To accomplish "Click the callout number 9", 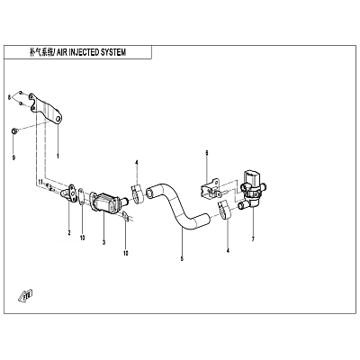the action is coord(13,157).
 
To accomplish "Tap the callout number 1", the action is coord(58,156).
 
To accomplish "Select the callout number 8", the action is coord(9,97).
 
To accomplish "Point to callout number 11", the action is coord(39,182).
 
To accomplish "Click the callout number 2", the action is coord(69,232).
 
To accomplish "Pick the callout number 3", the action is coord(103,242).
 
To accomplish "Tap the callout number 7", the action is coord(253,239).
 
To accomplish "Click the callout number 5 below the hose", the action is coord(182,258).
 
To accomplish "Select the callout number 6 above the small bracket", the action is coord(207,153).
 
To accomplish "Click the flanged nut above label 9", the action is coord(14,130).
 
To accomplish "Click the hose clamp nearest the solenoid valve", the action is coord(223,210).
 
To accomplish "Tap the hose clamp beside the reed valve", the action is coord(137,194).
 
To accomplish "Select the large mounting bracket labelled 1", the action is coord(46,109).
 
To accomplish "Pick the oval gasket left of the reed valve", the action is coord(81,197).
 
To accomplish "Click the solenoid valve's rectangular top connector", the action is coord(252,177).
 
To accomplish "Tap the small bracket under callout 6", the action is coord(211,189).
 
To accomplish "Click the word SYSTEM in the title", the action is coord(112,52).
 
